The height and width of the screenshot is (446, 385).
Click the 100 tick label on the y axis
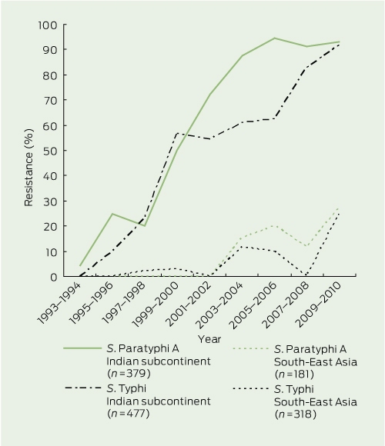48,25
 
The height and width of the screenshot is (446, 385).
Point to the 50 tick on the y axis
65,151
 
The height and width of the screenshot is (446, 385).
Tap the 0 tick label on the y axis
54,277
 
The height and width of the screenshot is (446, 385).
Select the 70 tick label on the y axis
51,100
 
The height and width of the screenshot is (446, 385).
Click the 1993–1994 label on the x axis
60,304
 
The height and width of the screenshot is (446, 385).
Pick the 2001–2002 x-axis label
189,304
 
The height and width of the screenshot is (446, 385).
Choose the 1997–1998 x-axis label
125,304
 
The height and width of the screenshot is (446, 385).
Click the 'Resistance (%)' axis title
28,168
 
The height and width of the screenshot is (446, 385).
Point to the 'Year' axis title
209,339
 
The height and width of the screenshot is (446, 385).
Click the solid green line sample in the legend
82,348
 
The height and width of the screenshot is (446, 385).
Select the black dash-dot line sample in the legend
83,388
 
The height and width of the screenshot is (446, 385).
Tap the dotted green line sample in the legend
250,348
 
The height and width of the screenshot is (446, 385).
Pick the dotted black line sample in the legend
250,388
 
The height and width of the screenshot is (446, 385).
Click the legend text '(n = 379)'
129,374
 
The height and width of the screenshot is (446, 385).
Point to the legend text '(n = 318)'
296,414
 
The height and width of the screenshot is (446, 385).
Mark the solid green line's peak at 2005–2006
275,38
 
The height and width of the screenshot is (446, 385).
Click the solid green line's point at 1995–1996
112,214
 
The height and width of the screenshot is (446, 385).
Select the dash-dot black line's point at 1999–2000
177,133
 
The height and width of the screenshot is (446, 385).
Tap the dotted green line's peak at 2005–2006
274,225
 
